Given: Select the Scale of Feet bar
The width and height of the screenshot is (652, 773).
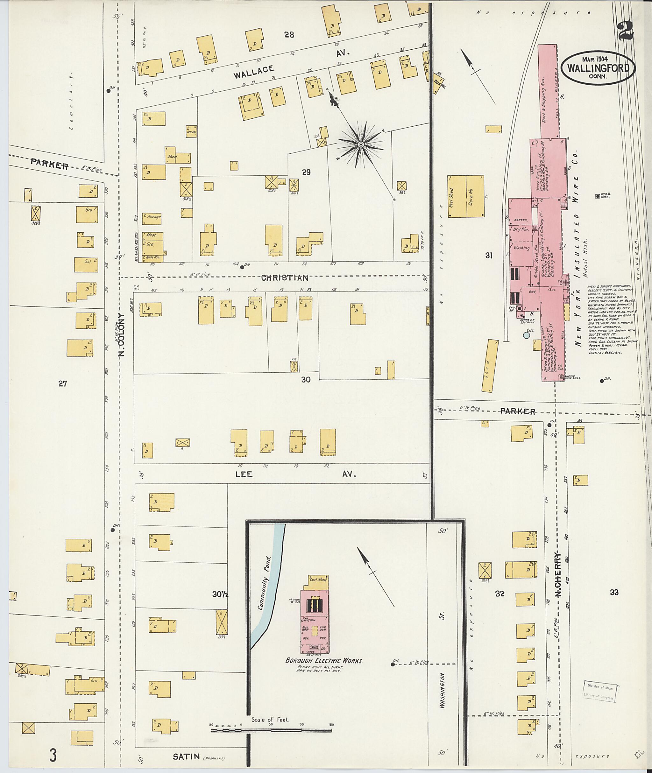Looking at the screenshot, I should pos(271,730).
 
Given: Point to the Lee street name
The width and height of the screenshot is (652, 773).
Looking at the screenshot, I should pos(244,474).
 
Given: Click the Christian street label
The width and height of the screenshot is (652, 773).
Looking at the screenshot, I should pos(285,278).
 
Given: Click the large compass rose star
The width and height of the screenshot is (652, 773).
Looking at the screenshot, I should pos(360,145).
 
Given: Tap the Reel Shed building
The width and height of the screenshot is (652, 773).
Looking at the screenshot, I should pos(457,196).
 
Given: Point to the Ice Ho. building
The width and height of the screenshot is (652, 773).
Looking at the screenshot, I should pos(191,131).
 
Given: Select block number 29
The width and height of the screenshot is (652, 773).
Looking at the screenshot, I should pos(306,172).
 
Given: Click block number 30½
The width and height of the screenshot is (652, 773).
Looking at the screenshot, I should pos(221,594).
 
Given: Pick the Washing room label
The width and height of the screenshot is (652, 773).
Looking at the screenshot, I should pos(521,248).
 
